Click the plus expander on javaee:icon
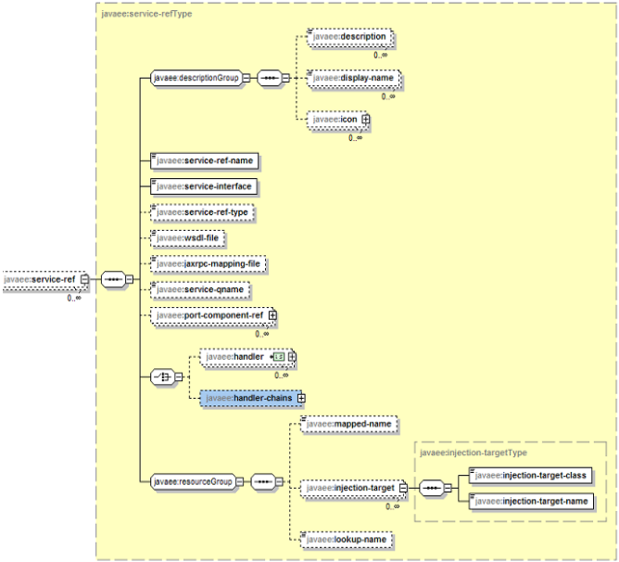tap(366, 120)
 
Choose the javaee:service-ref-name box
tap(204, 160)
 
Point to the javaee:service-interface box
tap(204, 186)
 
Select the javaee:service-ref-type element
tap(203, 212)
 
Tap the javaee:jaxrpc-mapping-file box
tap(209, 264)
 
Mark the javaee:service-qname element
tap(200, 290)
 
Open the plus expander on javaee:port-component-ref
tap(272, 316)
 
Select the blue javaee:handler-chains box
tap(247, 398)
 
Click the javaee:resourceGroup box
tap(193, 481)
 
